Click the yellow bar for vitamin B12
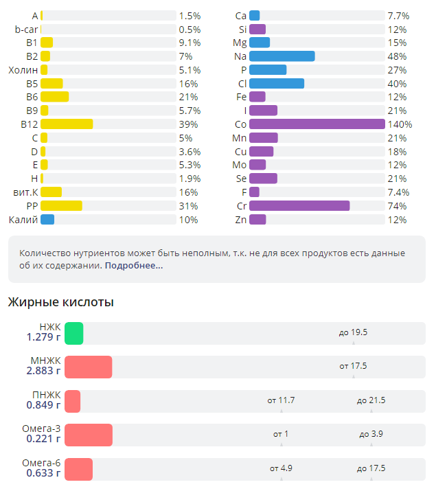(67, 124)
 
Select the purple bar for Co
(317, 124)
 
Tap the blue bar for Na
(282, 56)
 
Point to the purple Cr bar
(299, 206)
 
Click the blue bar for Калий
(47, 220)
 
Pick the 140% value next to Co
(400, 124)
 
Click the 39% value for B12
(189, 124)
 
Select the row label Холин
(23, 70)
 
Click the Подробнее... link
(134, 265)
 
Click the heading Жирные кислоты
(60, 302)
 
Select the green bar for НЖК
(74, 333)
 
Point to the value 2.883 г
(44, 371)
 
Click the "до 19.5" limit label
(353, 332)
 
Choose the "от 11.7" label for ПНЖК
(281, 400)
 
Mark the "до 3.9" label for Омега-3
(371, 434)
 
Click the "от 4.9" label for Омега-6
(281, 468)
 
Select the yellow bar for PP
(61, 206)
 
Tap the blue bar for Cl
(277, 84)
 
